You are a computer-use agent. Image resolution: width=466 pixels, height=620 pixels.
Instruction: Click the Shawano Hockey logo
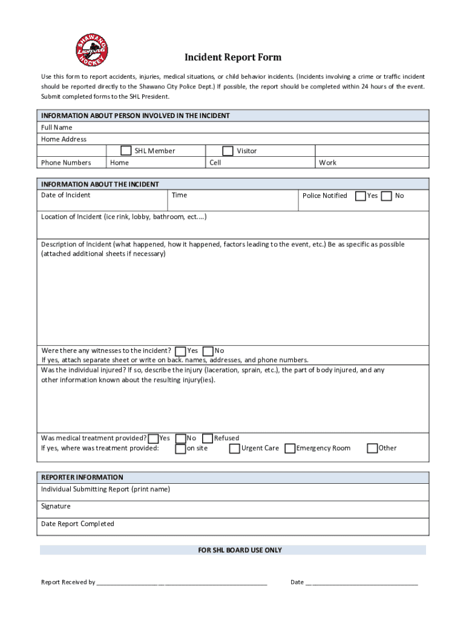92,50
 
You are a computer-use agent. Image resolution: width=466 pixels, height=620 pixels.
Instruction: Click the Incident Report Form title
233,58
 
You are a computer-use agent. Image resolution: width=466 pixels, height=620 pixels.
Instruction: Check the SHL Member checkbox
126,151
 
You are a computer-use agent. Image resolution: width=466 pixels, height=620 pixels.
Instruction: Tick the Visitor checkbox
228,151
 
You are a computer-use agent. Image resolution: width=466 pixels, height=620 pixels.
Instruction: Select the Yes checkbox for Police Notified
360,196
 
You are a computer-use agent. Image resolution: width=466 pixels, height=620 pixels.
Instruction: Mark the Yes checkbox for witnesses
180,351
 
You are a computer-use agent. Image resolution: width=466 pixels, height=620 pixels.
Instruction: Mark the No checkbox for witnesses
208,351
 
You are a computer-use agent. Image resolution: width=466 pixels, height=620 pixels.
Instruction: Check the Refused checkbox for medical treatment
208,438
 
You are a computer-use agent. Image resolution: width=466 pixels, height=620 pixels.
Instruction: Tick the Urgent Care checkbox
234,449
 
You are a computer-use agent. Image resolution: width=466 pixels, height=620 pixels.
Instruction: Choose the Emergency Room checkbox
290,449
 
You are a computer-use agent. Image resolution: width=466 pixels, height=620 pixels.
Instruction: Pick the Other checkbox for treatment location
372,449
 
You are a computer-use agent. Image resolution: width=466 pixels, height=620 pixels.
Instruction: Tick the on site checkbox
180,449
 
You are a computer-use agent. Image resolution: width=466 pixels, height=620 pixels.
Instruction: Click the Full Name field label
56,128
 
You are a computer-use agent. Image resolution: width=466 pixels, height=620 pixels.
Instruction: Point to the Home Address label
64,139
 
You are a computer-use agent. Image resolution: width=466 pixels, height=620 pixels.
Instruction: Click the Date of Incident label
65,195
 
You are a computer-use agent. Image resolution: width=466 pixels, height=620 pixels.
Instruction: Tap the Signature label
56,506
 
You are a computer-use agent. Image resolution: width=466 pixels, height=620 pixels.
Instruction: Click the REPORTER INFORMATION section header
82,477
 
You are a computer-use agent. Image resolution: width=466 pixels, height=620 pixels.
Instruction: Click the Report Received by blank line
182,582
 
